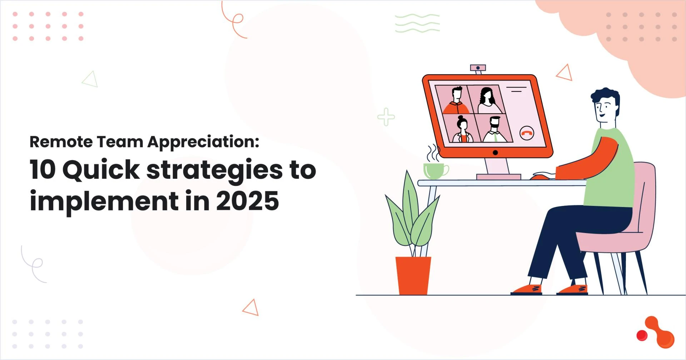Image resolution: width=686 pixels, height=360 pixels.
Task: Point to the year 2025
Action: [x=247, y=201]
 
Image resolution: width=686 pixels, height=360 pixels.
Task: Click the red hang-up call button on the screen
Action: [x=526, y=133]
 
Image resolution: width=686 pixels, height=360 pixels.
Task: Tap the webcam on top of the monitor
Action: [x=478, y=68]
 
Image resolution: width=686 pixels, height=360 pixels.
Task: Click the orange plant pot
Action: [x=413, y=275]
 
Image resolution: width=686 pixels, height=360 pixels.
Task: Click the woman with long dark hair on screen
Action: [x=487, y=100]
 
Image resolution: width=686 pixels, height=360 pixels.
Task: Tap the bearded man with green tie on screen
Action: [x=495, y=130]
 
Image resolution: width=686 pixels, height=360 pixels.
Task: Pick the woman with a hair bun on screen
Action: [x=462, y=129]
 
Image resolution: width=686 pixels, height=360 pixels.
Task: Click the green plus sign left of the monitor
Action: [x=386, y=117]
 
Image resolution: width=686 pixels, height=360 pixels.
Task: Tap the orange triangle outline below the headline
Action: [x=251, y=308]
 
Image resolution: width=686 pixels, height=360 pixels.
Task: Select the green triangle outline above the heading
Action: [x=90, y=79]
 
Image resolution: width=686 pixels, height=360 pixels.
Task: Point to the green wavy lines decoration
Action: [x=417, y=23]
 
